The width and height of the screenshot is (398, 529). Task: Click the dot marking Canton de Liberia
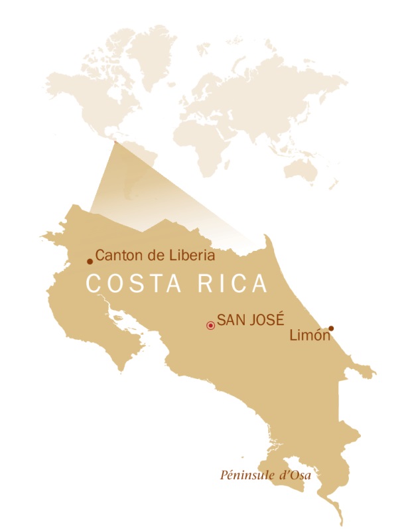pyautogui.click(x=90, y=262)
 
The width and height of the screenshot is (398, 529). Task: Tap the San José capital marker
pyautogui.click(x=210, y=325)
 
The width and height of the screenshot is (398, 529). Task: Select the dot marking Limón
pyautogui.click(x=331, y=328)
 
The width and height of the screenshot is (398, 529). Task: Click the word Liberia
pyautogui.click(x=193, y=256)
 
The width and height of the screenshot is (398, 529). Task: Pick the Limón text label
pyautogui.click(x=310, y=337)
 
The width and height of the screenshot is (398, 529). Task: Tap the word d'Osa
pyautogui.click(x=295, y=475)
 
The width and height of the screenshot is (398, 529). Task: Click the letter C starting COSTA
pyautogui.click(x=95, y=283)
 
